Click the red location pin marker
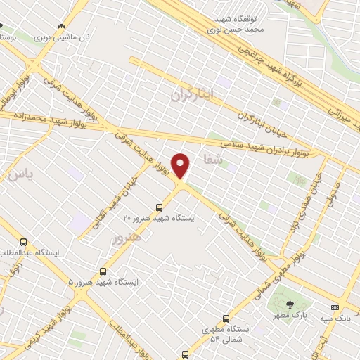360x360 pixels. [x=181, y=165]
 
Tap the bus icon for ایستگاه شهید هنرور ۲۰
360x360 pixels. [x=159, y=207]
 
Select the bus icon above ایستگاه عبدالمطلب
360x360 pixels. [x=25, y=241]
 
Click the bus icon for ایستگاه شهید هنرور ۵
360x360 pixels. [x=103, y=271]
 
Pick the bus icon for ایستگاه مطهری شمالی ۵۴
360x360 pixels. [x=226, y=318]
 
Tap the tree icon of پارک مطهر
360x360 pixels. [x=290, y=304]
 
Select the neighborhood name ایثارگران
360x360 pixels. [x=191, y=94]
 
